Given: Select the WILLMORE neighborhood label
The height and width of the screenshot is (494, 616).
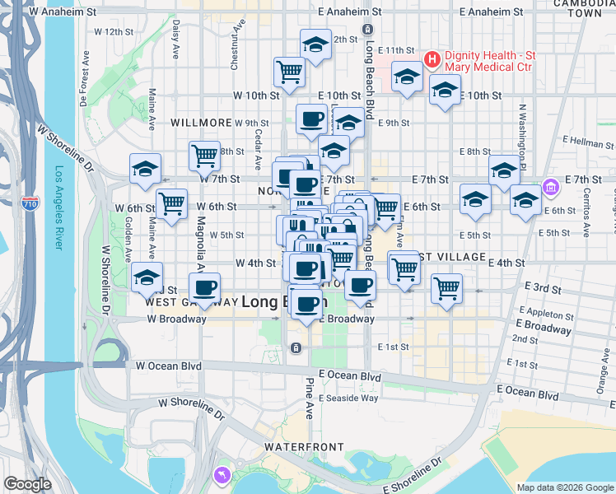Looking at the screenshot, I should (x=201, y=122).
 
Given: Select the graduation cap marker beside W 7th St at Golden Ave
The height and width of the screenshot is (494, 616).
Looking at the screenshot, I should (x=145, y=168).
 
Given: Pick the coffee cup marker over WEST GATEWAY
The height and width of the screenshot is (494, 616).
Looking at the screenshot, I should (x=204, y=287).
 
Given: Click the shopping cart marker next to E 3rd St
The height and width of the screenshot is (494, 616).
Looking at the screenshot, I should (x=446, y=287).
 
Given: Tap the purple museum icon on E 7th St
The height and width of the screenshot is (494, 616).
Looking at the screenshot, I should (x=551, y=187).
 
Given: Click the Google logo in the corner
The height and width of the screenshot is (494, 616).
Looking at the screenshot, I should (x=28, y=484).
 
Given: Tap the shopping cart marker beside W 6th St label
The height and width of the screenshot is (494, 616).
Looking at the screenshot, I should (x=171, y=203).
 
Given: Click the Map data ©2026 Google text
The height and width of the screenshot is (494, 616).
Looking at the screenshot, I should (x=564, y=487).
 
